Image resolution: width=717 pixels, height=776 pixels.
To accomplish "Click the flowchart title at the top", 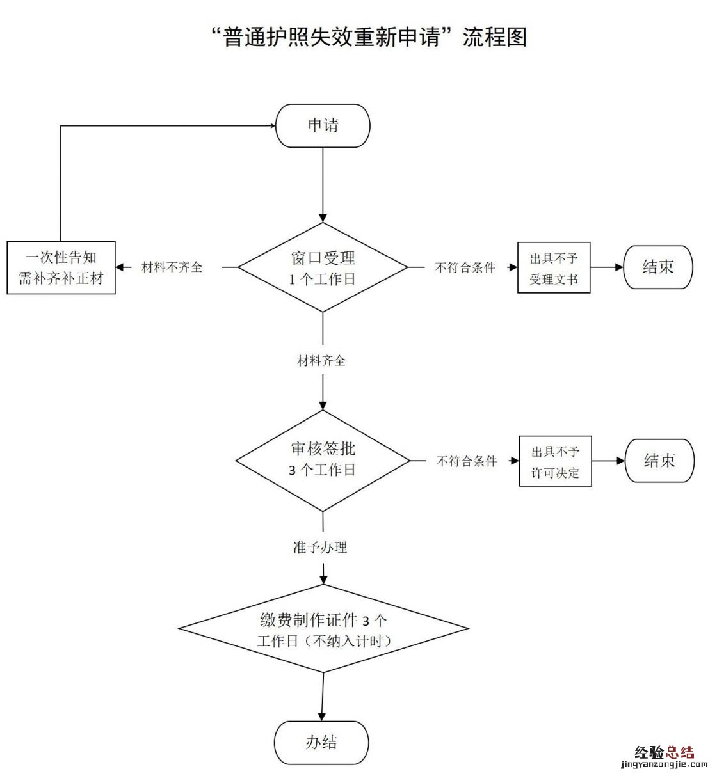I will click(x=369, y=37).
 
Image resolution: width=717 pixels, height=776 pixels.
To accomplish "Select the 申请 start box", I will click(x=323, y=125).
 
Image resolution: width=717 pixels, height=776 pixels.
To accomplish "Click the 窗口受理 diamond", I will click(x=323, y=267).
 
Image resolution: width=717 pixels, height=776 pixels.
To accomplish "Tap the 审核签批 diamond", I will click(x=323, y=460).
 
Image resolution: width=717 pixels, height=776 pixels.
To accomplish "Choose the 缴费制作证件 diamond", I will click(x=323, y=630).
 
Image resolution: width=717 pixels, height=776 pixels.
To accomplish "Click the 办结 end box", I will click(x=321, y=742).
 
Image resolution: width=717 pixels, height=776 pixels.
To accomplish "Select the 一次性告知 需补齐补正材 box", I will click(x=61, y=267).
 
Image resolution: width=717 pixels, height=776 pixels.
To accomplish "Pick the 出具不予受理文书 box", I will click(x=553, y=268).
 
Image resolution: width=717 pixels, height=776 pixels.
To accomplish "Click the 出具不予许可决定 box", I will click(x=554, y=461).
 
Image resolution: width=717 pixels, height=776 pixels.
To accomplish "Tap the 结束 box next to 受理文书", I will click(x=657, y=267).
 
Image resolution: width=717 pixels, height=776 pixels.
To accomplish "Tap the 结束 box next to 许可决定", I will click(x=659, y=461).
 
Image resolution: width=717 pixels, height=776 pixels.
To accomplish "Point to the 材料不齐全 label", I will click(x=172, y=267).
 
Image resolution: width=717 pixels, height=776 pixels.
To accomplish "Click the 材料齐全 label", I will click(x=321, y=361).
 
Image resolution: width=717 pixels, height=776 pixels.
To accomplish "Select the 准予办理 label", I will click(x=320, y=548).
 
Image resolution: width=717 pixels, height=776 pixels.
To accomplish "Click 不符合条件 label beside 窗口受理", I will click(x=465, y=268).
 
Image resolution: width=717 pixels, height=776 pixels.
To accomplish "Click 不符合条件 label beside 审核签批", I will click(x=467, y=461).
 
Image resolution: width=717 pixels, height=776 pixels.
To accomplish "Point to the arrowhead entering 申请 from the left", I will click(x=271, y=126).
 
